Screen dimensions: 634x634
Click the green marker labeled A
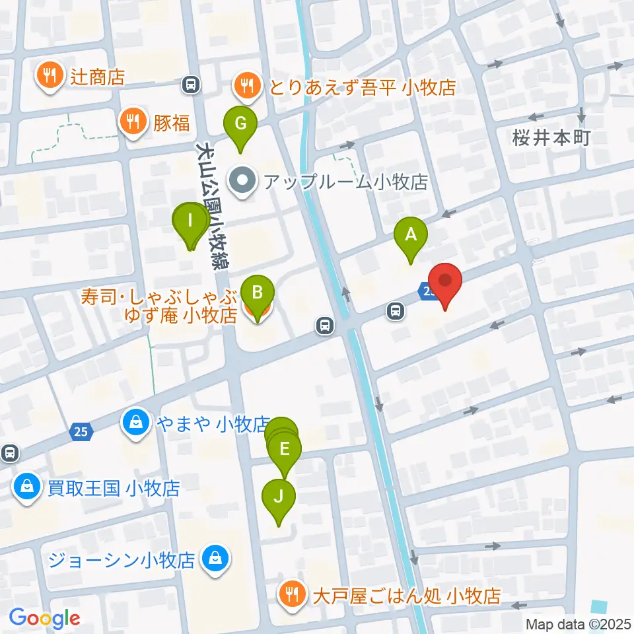(410, 235)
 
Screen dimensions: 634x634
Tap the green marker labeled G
(240, 123)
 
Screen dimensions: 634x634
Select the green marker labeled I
(191, 222)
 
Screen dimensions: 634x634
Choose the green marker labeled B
(257, 293)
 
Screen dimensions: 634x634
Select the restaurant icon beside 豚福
(133, 122)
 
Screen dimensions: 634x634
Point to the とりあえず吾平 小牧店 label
(361, 87)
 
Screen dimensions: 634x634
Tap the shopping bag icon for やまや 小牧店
(135, 423)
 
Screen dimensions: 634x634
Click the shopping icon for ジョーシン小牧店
(215, 560)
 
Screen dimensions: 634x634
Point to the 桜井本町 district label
(551, 138)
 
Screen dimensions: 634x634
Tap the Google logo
(44, 618)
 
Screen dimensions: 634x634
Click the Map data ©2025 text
(577, 623)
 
